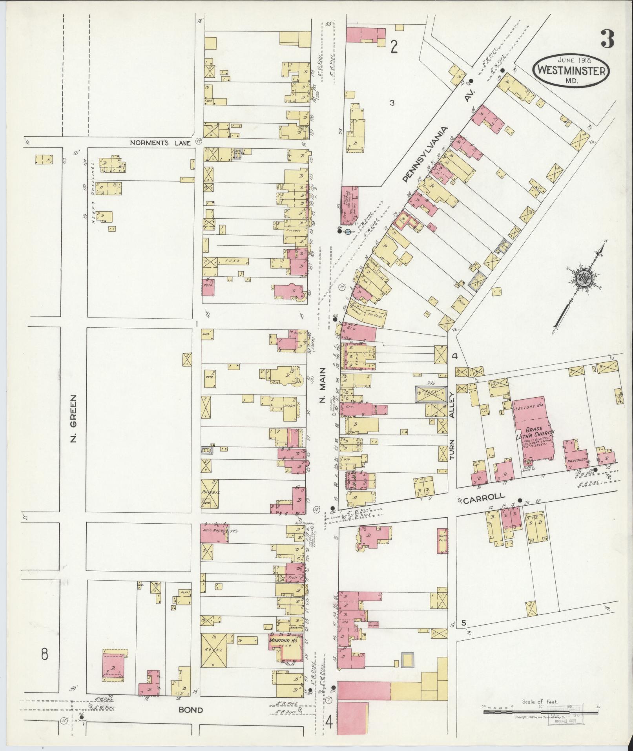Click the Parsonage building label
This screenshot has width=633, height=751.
coord(575,462)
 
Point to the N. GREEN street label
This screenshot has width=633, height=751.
coord(73,418)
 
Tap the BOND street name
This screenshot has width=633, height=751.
coord(191,710)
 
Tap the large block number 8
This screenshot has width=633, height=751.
coord(44,654)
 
